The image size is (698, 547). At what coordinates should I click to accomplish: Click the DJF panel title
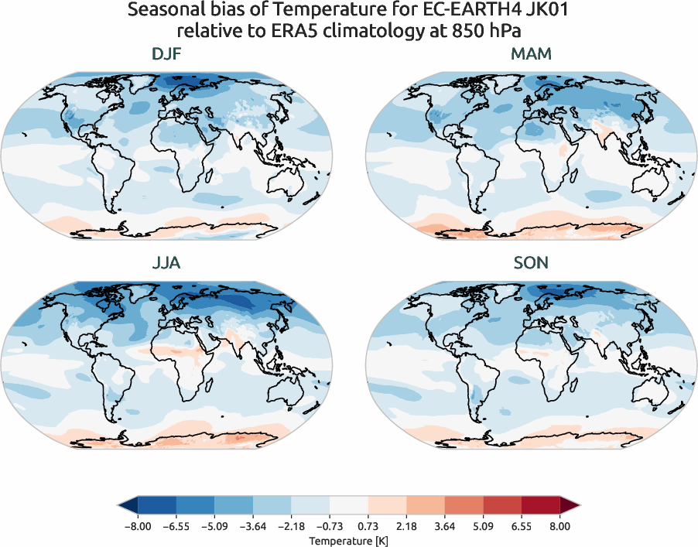[167, 55]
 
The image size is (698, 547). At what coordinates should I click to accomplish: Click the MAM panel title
[531, 55]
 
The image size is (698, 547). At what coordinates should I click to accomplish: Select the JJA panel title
[167, 263]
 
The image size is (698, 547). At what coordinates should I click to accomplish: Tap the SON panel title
[531, 263]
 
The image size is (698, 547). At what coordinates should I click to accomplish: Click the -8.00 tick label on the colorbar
[136, 526]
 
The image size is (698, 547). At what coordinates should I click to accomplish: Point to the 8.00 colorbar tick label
[559, 526]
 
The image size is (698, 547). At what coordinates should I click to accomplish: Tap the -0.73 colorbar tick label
[329, 526]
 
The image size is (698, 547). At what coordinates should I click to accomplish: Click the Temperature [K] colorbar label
[348, 539]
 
